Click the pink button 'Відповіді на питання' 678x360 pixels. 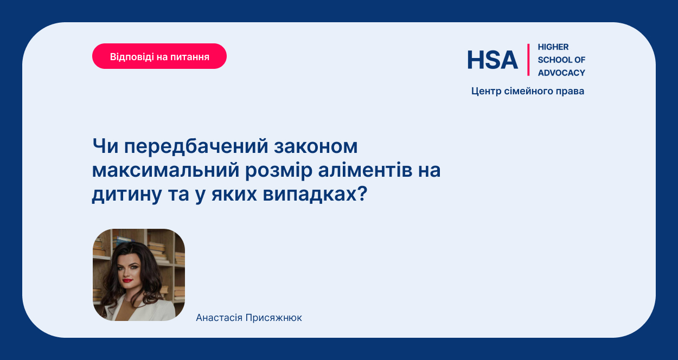(159, 56)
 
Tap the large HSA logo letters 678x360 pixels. (492, 60)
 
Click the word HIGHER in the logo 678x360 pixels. (553, 47)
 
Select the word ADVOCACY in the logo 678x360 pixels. (561, 73)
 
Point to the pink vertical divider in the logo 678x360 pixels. (528, 60)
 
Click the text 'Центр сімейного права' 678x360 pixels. (528, 91)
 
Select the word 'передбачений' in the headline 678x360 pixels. (196, 147)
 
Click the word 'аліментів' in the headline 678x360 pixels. (366, 170)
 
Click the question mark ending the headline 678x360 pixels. (362, 194)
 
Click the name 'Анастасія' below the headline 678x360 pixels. (219, 318)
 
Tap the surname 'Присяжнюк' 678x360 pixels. (273, 318)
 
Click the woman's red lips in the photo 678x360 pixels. (127, 280)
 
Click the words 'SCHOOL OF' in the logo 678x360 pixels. (561, 60)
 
